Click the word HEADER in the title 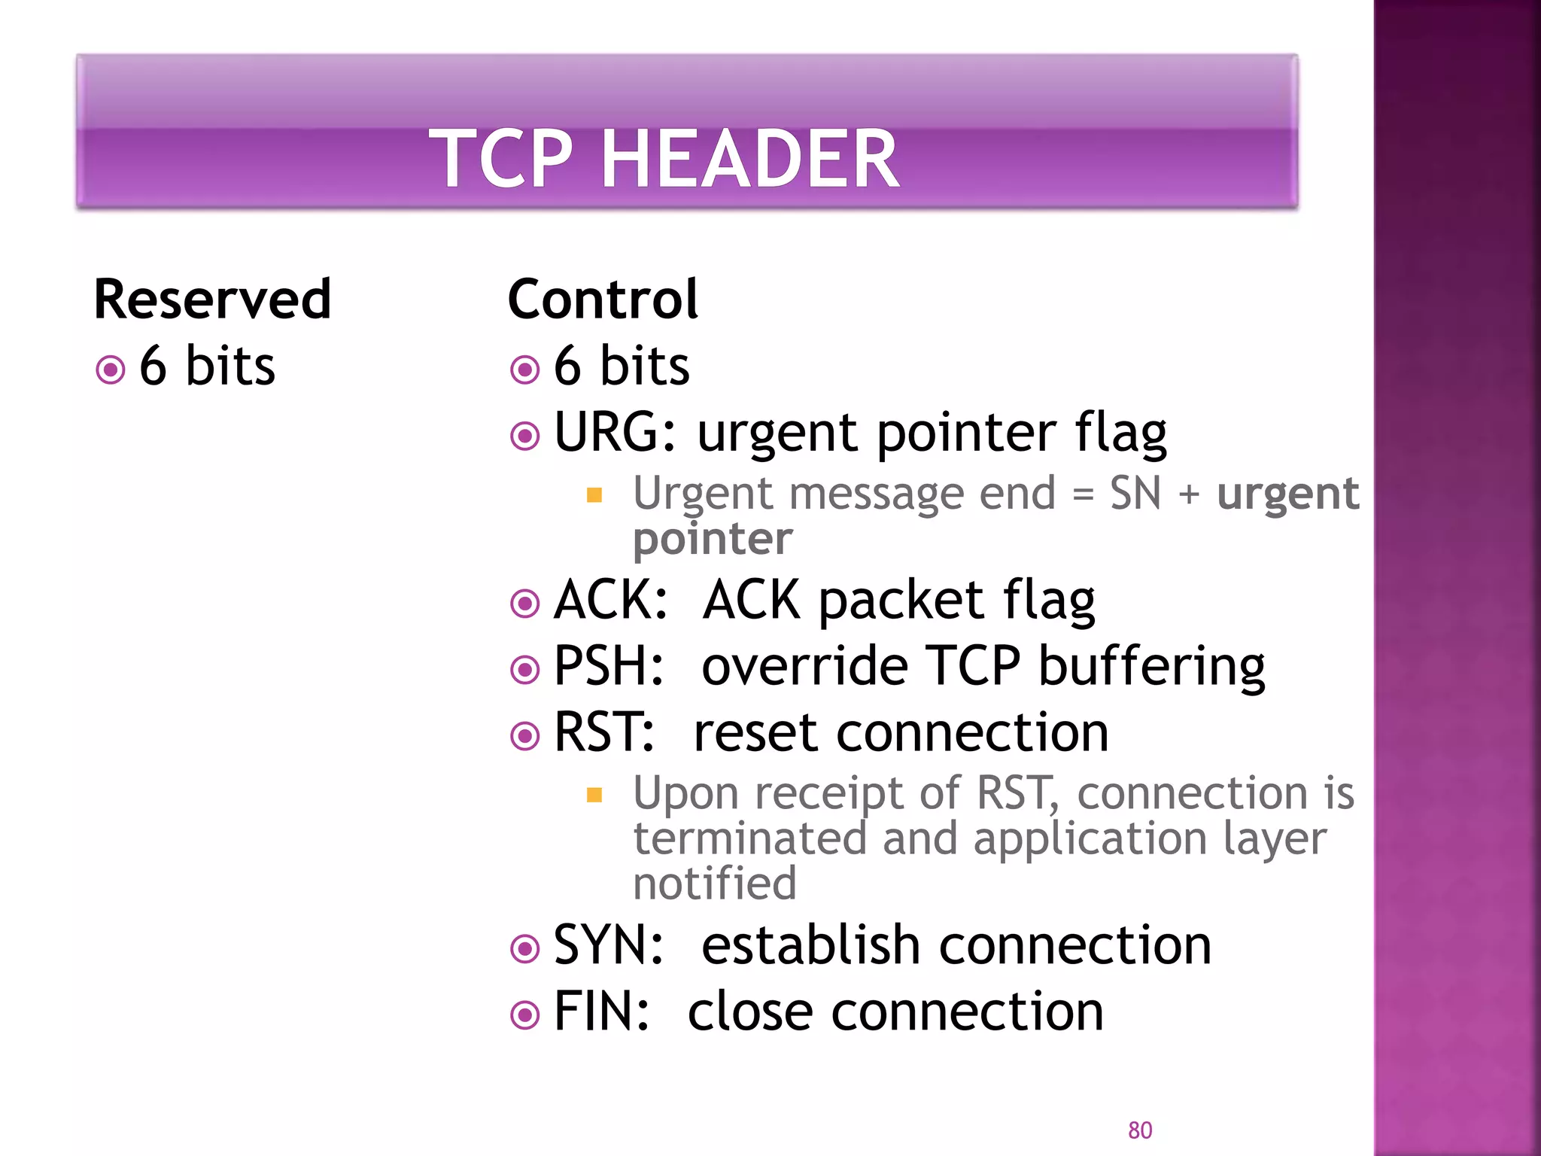(749, 159)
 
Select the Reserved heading (212, 300)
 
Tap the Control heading (603, 300)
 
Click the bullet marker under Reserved (111, 370)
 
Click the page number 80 (1140, 1130)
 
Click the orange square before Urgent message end (594, 494)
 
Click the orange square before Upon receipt (594, 795)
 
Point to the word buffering (1151, 668)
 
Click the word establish (810, 945)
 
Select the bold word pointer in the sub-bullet (713, 539)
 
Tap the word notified (714, 883)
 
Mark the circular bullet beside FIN (524, 1015)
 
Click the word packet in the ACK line (901, 601)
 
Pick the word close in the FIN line (749, 1011)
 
